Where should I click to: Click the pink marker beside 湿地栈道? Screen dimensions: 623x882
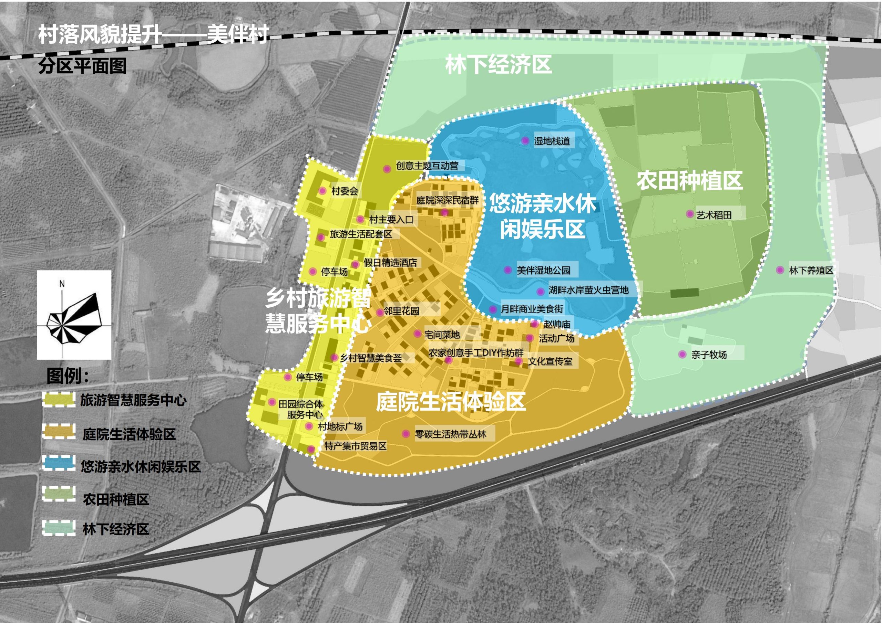(x=525, y=141)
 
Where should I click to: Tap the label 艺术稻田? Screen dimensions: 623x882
(x=714, y=215)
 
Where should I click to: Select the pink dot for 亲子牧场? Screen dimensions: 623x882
(x=682, y=354)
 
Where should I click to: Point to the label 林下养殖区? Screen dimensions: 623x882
(x=811, y=270)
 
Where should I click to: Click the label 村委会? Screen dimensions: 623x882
(x=345, y=191)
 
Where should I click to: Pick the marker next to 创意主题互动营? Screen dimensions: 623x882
(x=387, y=169)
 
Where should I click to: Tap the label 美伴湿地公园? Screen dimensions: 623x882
(x=543, y=270)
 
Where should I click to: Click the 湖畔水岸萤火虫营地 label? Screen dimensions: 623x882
(x=588, y=290)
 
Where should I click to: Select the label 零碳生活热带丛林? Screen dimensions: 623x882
(x=450, y=434)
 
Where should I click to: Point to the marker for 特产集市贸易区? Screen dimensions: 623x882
(x=311, y=449)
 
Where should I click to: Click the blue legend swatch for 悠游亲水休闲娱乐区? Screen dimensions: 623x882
(x=58, y=463)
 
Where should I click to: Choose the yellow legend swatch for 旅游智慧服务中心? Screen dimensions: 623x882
(x=58, y=399)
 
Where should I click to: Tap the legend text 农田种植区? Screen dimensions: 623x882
(x=116, y=499)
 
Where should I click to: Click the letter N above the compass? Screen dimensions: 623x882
(x=62, y=284)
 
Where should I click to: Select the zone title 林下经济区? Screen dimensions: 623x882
(x=498, y=64)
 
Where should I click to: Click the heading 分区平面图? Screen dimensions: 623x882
(x=82, y=66)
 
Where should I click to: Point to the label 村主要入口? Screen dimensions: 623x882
(x=391, y=220)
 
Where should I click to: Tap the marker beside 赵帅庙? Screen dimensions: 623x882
(x=534, y=324)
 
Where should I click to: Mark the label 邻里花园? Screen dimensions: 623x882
(x=401, y=310)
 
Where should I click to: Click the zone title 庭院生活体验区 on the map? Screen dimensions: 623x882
(x=451, y=402)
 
